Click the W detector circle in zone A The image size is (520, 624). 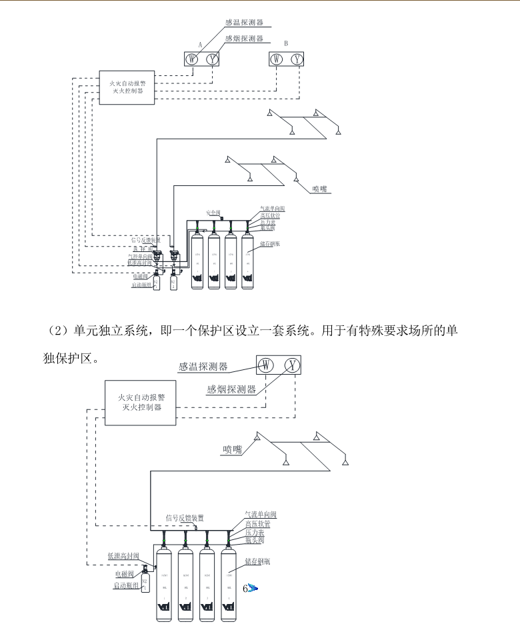(192, 59)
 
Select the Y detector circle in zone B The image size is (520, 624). (297, 59)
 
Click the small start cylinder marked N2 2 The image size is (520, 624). (173, 282)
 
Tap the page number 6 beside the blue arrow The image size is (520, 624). (245, 588)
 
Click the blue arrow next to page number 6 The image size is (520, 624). (254, 589)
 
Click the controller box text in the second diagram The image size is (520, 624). (139, 401)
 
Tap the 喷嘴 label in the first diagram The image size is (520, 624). (321, 189)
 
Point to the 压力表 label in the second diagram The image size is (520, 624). (255, 533)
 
